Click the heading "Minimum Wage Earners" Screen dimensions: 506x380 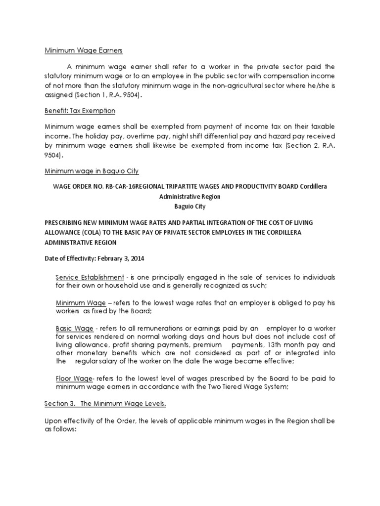click(75, 50)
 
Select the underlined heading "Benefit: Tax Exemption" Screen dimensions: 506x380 click(80, 110)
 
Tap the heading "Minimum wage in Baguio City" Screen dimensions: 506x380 click(92, 171)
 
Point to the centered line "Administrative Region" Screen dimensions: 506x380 click(190, 196)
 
